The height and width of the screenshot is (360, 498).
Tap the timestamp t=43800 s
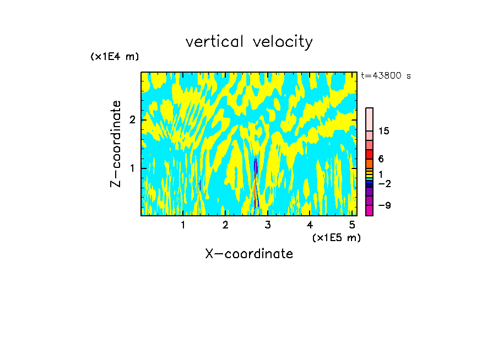(386, 76)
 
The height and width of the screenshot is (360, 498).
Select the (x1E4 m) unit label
(115, 57)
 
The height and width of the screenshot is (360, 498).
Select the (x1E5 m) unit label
(336, 237)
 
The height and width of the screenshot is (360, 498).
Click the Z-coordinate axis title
(116, 143)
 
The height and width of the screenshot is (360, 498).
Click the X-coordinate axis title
(249, 254)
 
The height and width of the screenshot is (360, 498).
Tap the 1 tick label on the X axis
(183, 225)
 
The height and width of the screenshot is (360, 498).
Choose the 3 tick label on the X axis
(267, 225)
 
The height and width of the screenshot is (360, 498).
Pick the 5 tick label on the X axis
(352, 225)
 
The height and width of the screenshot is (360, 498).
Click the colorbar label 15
(384, 131)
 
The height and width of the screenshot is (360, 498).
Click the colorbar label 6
(381, 159)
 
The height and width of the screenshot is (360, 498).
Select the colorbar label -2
(384, 183)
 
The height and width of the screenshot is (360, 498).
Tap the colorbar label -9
(384, 205)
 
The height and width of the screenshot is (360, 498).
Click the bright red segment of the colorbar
(369, 154)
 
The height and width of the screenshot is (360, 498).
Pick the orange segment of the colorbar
(369, 163)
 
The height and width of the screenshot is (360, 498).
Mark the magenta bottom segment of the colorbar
(369, 210)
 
